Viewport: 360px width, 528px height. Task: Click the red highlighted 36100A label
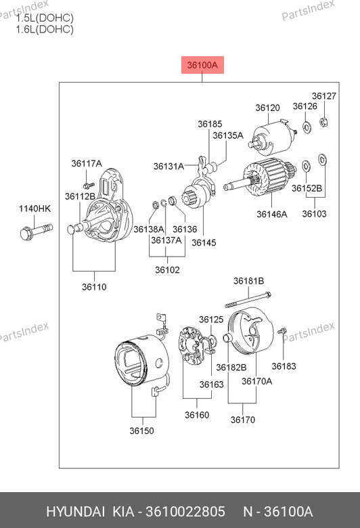coord(202,65)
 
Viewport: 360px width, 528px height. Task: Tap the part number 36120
coord(267,108)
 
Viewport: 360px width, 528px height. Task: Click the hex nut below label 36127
coord(323,122)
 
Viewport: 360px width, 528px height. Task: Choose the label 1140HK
coord(35,208)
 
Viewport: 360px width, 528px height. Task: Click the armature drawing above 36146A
coord(261,179)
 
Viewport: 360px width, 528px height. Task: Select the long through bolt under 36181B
coord(248,300)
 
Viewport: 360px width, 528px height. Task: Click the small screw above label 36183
coord(282,331)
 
